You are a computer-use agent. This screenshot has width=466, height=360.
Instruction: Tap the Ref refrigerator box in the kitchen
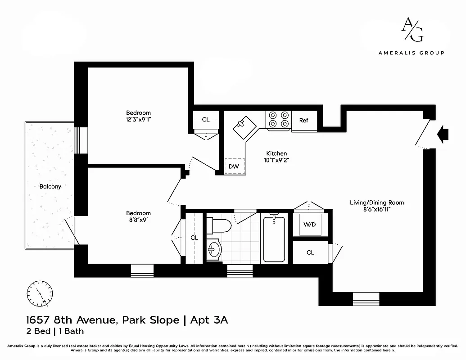(x=304, y=121)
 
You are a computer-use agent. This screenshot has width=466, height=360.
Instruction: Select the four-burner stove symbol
(x=279, y=120)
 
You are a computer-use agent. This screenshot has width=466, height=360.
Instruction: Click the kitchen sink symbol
(x=244, y=125)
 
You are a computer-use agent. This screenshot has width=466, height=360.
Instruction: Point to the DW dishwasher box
(x=234, y=166)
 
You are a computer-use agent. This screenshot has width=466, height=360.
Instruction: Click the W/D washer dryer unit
(x=310, y=224)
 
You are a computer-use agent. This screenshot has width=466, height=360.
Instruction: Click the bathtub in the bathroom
(x=274, y=238)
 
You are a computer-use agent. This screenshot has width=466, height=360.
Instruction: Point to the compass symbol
(x=40, y=293)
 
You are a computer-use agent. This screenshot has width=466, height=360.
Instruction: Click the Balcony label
(x=50, y=186)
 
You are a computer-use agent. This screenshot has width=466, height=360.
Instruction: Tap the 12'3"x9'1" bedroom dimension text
(x=138, y=120)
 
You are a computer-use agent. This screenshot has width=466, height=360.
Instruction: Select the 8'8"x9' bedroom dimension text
(x=138, y=220)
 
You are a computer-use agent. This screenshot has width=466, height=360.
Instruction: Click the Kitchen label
(x=276, y=153)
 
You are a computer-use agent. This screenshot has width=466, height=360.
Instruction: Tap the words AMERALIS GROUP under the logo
(x=411, y=53)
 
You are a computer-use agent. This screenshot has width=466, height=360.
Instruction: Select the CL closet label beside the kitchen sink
(x=206, y=120)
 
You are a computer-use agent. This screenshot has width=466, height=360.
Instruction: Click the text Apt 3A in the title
(x=209, y=320)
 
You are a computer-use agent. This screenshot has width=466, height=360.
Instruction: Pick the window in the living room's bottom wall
(x=366, y=299)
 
